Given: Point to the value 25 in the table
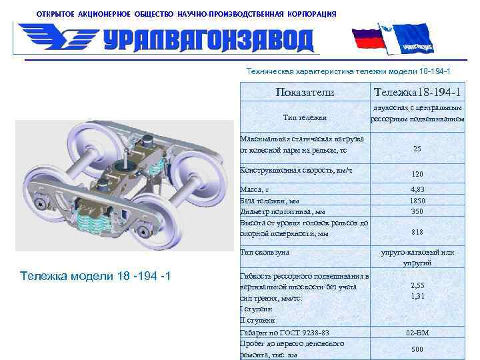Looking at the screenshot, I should click(417, 149).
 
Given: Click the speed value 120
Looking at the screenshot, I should click(417, 174).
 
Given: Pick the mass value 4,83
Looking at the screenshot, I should click(417, 189).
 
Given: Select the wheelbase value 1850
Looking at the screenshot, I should click(417, 200).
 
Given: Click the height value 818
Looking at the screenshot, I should click(417, 232).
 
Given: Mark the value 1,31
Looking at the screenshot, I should click(417, 296).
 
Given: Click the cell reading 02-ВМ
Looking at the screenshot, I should click(417, 333).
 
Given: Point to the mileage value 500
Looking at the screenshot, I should click(417, 349).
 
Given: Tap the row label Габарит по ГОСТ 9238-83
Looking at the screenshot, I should click(285, 333).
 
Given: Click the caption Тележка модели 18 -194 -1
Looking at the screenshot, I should click(96, 275).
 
